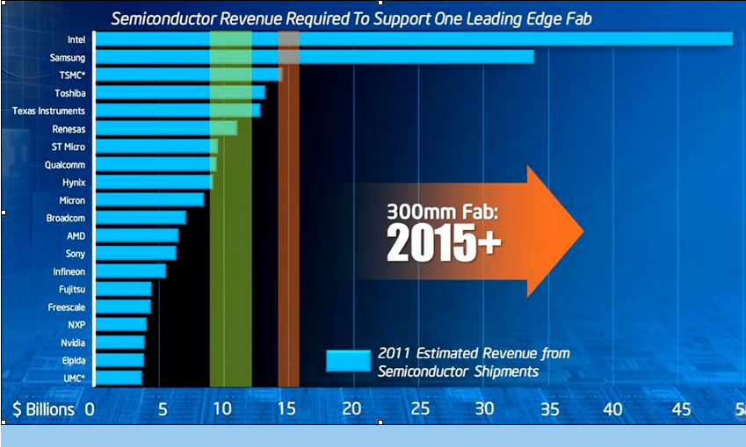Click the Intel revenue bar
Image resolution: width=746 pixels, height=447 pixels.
(413, 39)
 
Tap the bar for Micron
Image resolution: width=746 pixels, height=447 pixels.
(149, 200)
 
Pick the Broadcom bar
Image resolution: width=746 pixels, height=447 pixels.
(141, 218)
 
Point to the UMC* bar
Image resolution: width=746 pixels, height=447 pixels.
(118, 378)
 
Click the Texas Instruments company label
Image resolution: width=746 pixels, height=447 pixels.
(48, 111)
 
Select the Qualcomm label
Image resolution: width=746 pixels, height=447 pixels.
(65, 164)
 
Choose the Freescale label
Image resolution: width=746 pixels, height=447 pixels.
(67, 307)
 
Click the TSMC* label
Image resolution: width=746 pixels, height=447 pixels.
(69, 75)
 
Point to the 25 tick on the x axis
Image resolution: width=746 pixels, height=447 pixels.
(420, 409)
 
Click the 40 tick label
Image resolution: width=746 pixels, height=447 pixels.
(612, 409)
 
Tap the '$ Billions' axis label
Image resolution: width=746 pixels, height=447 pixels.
(41, 409)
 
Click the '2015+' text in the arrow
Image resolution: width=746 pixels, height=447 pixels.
(444, 244)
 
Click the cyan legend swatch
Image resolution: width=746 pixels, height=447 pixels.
(348, 362)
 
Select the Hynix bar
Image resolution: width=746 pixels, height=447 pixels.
(154, 182)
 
